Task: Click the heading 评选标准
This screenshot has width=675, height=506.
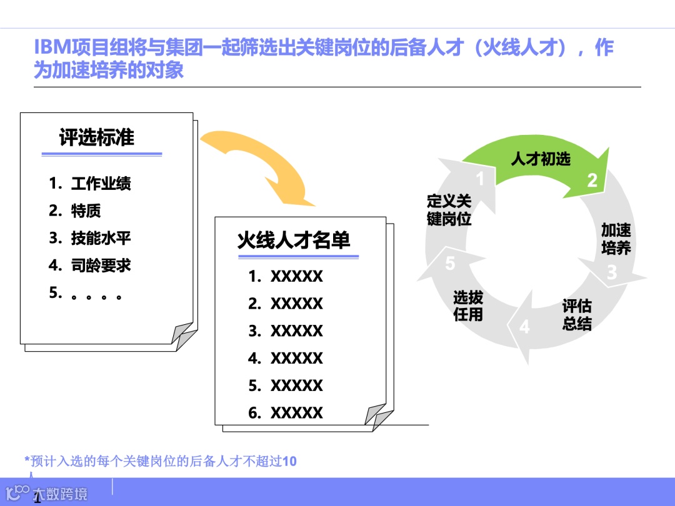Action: tap(97, 137)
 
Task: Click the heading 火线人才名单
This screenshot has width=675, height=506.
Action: tap(294, 241)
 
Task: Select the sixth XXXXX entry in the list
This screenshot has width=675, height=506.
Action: tap(296, 413)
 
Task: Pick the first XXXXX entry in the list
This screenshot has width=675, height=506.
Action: tap(296, 276)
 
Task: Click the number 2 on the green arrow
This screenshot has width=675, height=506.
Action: tap(592, 181)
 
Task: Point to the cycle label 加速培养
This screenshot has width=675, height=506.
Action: tap(616, 239)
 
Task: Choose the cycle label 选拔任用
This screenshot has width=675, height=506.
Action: tap(468, 306)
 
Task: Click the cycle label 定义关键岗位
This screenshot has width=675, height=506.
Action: tap(449, 210)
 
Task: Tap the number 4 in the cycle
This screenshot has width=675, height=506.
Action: tap(524, 327)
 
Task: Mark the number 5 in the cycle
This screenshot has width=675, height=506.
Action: tap(450, 264)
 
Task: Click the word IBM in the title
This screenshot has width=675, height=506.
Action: tap(52, 47)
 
